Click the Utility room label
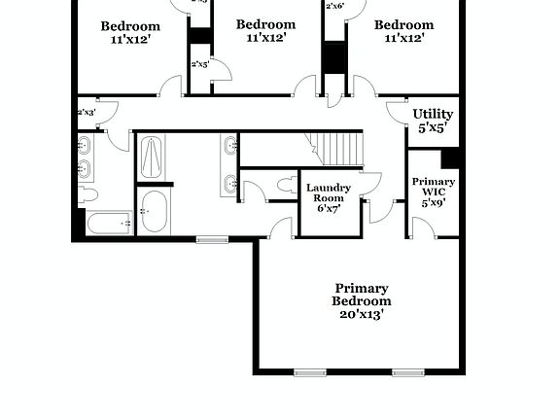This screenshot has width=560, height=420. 433,114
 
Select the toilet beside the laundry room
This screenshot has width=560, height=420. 285,183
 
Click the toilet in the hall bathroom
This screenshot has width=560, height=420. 87,194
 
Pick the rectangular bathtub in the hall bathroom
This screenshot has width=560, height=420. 108,224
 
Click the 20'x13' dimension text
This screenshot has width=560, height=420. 362,315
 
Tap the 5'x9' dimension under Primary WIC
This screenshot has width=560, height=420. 433,203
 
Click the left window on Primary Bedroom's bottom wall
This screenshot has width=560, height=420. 310,372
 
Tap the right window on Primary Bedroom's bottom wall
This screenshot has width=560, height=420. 407,372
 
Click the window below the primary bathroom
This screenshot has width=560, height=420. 212,239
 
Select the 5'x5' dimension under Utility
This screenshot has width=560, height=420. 433,127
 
